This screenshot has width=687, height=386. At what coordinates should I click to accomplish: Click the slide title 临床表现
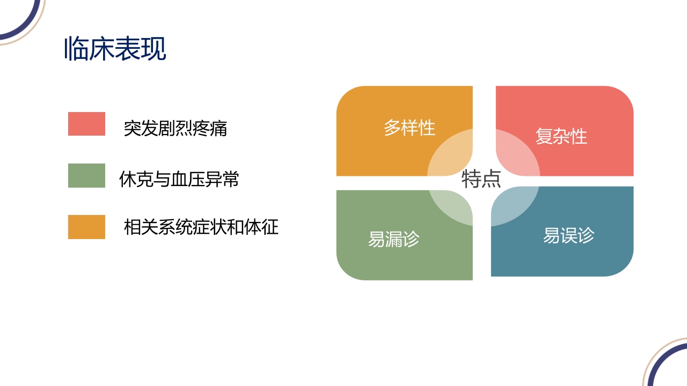click(x=115, y=49)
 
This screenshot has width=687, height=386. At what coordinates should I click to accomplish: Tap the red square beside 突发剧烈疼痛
click(x=86, y=124)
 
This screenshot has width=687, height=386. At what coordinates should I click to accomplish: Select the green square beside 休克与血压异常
click(x=86, y=176)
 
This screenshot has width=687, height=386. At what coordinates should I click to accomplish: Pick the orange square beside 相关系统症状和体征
click(x=86, y=227)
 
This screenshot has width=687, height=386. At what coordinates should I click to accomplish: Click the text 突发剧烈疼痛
click(x=176, y=128)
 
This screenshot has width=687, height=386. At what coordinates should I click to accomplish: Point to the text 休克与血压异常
click(x=179, y=180)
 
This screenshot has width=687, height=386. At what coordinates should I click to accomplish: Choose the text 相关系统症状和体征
click(x=201, y=227)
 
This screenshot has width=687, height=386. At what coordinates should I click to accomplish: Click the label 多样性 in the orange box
click(x=410, y=128)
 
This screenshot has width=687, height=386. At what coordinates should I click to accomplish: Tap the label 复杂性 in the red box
click(x=561, y=136)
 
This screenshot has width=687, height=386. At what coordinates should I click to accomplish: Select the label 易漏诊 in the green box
click(x=393, y=239)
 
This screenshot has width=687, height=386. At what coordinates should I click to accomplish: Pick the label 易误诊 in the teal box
click(x=569, y=235)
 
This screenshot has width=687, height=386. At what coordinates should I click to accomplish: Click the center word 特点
click(x=481, y=179)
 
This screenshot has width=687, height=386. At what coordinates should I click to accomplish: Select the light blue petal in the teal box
click(x=513, y=206)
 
